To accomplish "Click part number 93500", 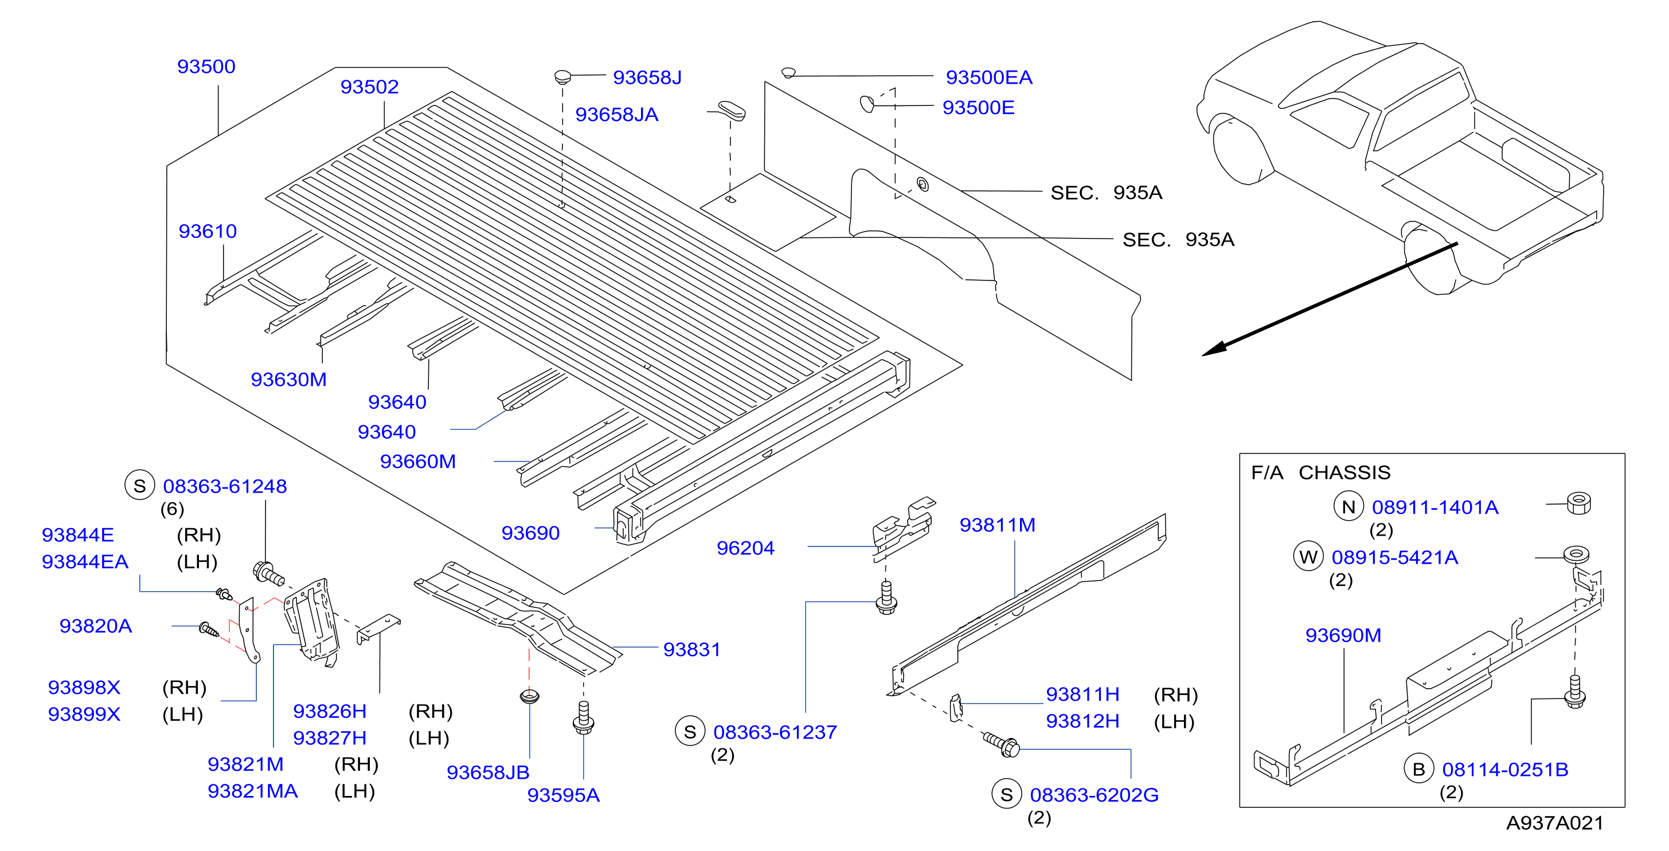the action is click(206, 66).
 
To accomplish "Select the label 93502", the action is click(369, 86).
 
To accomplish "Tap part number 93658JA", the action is click(616, 114).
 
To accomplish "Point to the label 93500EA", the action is click(988, 77).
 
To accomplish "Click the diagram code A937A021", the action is click(1554, 822).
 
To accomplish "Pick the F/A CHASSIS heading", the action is click(1320, 473).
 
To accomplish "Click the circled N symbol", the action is click(1349, 507).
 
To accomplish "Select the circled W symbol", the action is click(1308, 557).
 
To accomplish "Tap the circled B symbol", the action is click(1418, 770).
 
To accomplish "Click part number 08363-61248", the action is click(225, 486).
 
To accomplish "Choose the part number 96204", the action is click(745, 548).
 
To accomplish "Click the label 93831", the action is click(691, 649).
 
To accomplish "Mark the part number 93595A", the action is click(563, 795).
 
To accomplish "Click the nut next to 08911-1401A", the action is click(1578, 503).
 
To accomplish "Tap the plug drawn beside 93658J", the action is click(562, 77).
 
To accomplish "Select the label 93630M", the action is click(288, 379).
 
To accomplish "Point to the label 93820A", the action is click(95, 626).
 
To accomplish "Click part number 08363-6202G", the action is click(1095, 795).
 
